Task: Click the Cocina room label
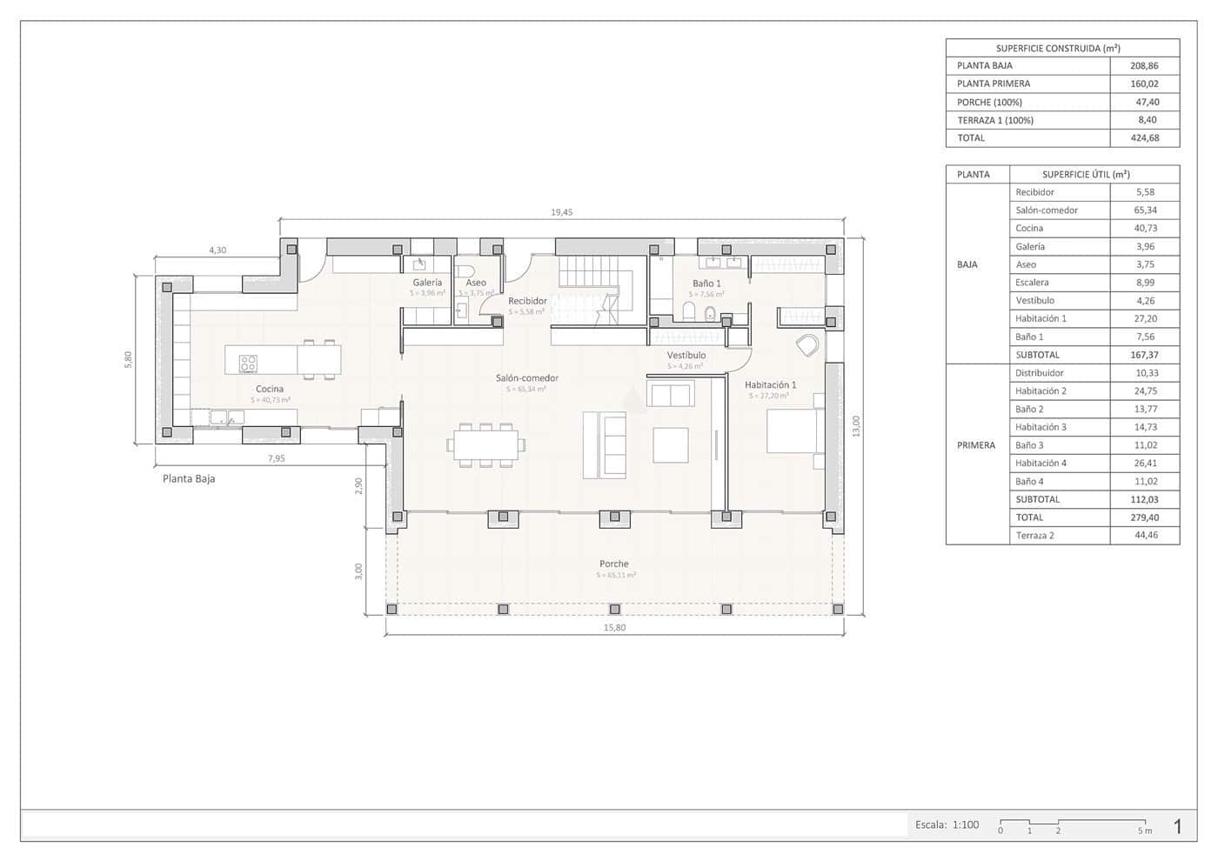(270, 389)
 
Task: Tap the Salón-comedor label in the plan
(527, 378)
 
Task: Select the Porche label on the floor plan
(613, 564)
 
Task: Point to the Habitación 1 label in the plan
(770, 384)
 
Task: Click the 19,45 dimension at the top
(562, 212)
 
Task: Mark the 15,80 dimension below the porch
(614, 628)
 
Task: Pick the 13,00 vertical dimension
(856, 426)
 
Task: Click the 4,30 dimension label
(217, 250)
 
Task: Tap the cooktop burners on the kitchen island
(248, 364)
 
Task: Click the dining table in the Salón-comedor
(485, 444)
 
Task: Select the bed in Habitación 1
(793, 431)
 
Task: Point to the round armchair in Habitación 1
(807, 345)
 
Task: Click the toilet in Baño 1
(710, 313)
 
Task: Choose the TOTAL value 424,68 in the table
(1145, 138)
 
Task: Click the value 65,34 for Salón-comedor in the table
(1145, 210)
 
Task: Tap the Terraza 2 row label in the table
(1034, 536)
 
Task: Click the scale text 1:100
(965, 824)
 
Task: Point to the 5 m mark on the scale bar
(1145, 831)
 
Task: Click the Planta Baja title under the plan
(189, 479)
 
